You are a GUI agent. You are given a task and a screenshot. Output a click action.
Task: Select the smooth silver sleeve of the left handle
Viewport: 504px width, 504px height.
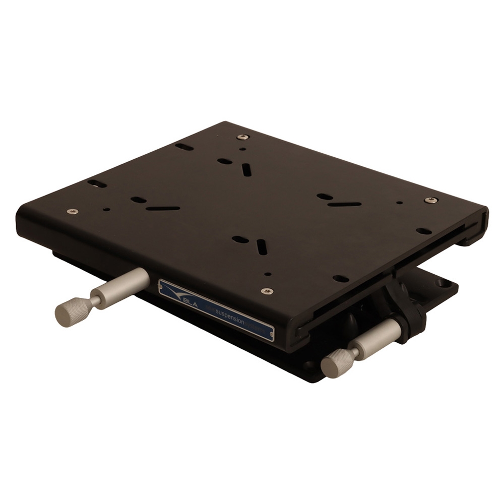click(x=124, y=285)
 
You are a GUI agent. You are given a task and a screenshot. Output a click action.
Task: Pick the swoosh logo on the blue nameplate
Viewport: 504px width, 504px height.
click(x=173, y=292)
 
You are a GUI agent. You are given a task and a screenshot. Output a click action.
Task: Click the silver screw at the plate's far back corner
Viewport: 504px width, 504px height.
click(x=243, y=137)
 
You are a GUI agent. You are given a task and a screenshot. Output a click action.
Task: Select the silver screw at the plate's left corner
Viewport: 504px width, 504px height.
click(x=72, y=211)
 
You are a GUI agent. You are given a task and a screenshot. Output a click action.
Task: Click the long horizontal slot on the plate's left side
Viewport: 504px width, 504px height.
click(x=163, y=208)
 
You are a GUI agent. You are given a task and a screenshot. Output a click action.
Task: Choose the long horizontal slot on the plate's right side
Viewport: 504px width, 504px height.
click(x=344, y=204)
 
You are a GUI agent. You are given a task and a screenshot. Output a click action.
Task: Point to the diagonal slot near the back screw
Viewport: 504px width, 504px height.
click(x=246, y=170)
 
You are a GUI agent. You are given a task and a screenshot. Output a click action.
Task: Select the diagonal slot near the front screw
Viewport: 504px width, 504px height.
click(x=262, y=246)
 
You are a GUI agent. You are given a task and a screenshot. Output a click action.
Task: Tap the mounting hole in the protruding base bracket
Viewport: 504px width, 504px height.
click(x=445, y=284)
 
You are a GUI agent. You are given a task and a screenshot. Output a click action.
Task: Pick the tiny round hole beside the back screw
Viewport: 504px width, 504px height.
click(x=242, y=149)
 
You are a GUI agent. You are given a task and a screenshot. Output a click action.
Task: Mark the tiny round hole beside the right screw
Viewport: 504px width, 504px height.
click(x=399, y=203)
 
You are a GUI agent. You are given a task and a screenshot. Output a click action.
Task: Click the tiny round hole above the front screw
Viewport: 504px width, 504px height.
click(x=268, y=274)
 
